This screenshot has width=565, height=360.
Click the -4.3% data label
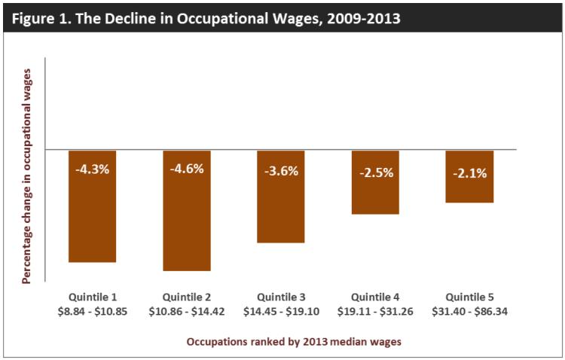[93, 169]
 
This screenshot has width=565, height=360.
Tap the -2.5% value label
[375, 172]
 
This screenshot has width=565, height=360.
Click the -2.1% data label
[469, 173]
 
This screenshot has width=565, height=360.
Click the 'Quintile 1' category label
[93, 297]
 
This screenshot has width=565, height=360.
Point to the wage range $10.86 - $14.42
[187, 310]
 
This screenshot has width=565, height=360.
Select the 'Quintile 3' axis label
[281, 297]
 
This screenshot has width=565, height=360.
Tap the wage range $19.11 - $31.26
[375, 310]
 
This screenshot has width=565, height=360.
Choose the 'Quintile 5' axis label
[469, 297]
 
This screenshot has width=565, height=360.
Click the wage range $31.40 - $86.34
[469, 310]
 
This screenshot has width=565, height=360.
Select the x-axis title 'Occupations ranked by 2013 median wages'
[294, 341]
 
